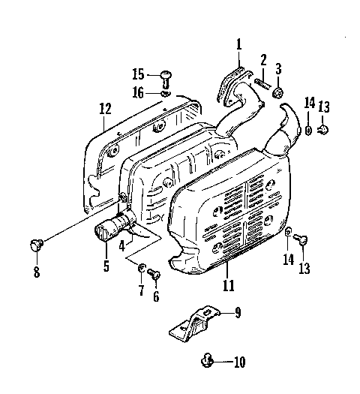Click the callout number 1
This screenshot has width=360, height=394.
point(239,45)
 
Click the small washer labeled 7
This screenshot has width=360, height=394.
point(141,266)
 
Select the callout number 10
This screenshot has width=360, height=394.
point(238,362)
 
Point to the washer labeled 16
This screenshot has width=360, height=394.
point(166,94)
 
